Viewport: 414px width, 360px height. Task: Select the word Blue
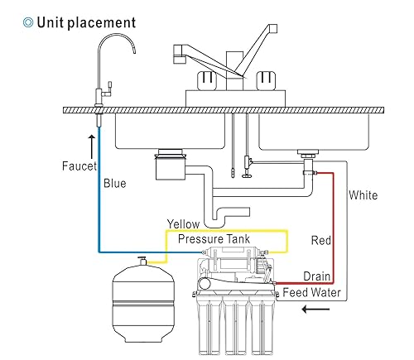coord(113,183)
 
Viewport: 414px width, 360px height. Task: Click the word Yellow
coord(183,223)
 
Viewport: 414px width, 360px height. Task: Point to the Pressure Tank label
coord(218,239)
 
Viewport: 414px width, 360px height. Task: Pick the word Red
coord(321,241)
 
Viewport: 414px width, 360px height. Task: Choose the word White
coord(363,195)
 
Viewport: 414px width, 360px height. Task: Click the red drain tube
coord(331,223)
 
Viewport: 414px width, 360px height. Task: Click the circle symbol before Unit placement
coord(17,22)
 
